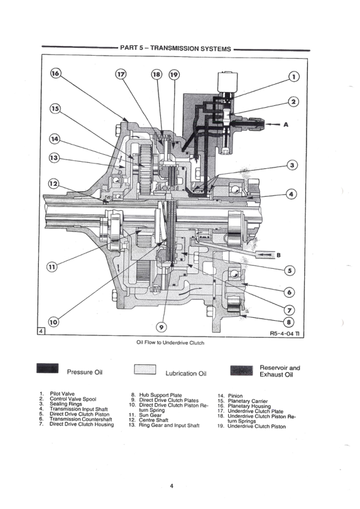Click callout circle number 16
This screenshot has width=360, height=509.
[x=56, y=73]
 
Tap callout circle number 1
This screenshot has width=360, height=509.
[x=294, y=77]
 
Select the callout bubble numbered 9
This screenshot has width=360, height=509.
[x=161, y=327]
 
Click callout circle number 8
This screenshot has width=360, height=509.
[x=292, y=323]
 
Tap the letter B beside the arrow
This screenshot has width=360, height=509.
[x=278, y=255]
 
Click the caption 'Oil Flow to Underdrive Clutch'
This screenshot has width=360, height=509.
[x=171, y=343]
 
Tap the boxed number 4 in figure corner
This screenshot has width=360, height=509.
[x=41, y=332]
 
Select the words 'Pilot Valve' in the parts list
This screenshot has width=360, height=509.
[x=62, y=394]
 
